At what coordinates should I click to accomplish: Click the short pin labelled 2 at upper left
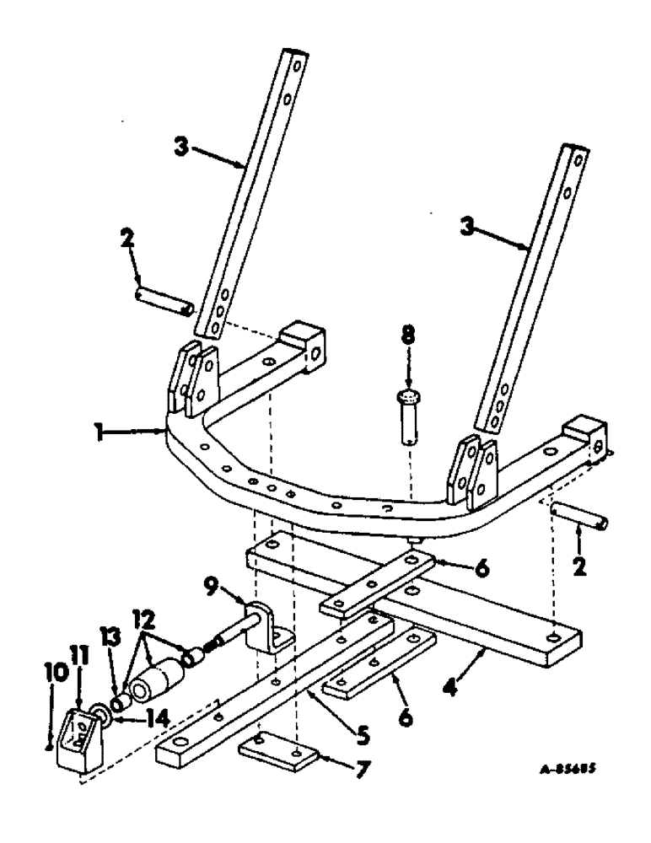point(165,301)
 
